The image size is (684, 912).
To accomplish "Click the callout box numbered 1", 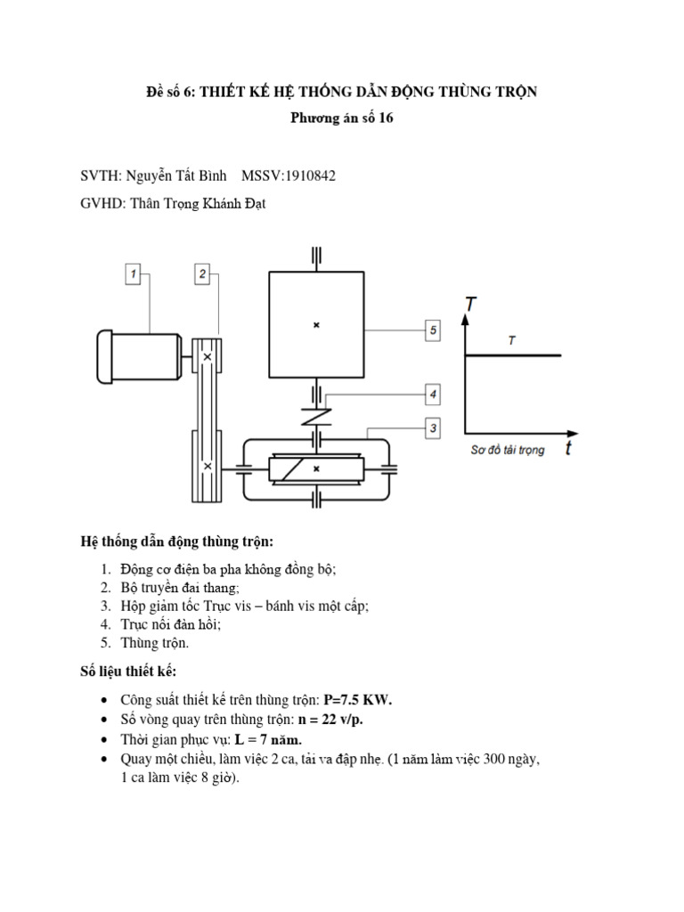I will point(133,274).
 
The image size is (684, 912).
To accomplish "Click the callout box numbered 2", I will point(203,274).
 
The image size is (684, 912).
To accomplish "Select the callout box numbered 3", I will point(433,429).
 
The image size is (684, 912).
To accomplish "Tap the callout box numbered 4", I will point(433,393).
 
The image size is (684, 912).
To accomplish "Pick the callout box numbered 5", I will point(433,330).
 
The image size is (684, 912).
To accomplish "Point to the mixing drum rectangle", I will point(316,326).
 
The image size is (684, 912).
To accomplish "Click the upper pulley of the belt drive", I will point(208,356).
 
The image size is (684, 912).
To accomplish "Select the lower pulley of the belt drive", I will point(208,466).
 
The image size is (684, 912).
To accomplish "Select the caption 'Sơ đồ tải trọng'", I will point(507,451).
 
